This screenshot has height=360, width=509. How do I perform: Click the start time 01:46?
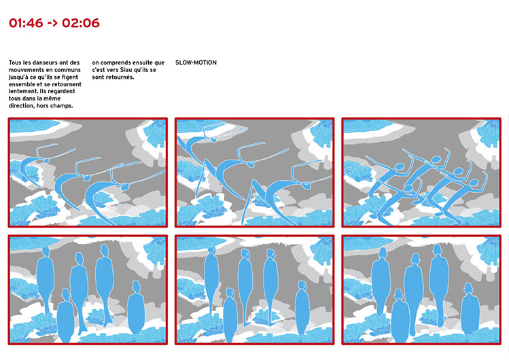tap(26, 23)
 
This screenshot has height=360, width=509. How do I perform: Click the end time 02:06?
tap(81, 23)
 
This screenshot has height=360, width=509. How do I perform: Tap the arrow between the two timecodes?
tap(52, 23)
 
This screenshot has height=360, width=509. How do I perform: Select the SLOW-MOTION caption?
tap(196, 62)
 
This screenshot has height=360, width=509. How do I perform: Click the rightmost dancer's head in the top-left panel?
tap(124, 187)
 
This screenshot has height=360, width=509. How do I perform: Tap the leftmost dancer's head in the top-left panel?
tap(46, 160)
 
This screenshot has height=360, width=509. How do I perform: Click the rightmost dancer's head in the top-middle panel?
tap(306, 185)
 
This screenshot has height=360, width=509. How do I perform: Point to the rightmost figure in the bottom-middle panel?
tap(302, 308)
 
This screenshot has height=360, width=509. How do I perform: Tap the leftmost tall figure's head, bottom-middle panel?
tap(211, 251)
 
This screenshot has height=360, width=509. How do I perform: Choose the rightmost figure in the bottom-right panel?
tap(470, 309)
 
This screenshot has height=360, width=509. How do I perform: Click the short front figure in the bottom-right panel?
tap(400, 316)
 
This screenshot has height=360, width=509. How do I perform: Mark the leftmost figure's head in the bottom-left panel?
tap(46, 252)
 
